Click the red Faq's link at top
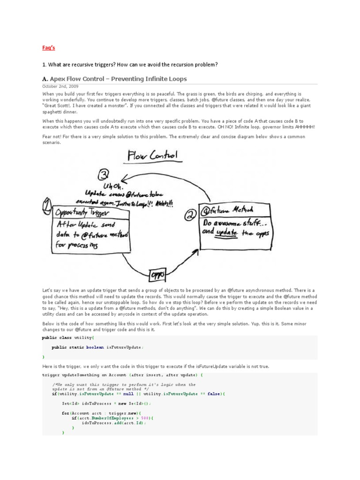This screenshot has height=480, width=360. [x=43, y=47]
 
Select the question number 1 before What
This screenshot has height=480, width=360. [x=43, y=64]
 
